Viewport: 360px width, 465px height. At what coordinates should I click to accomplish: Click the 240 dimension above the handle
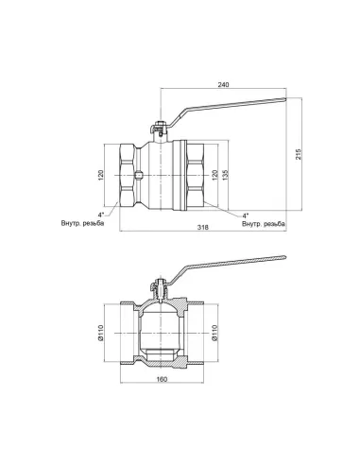223,85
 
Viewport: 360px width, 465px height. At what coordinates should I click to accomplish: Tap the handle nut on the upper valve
160,123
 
